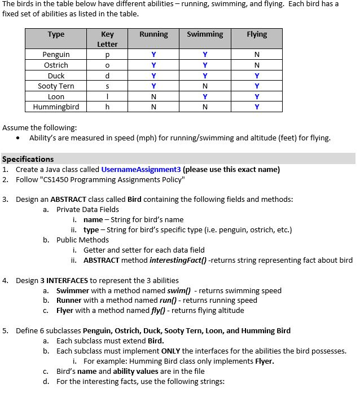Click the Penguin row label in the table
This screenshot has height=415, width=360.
pos(56,55)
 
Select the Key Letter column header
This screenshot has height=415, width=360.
pos(107,39)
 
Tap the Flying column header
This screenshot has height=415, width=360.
pos(257,34)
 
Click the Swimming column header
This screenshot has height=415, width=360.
pos(205,34)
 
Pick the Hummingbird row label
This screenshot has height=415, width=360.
pos(56,107)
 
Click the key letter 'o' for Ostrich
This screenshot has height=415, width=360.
pos(107,65)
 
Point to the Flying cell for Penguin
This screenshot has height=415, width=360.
pos(257,55)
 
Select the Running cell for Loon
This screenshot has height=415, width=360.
pos(153,96)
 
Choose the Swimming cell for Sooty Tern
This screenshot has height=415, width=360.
pos(205,86)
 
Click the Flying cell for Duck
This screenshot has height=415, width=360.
pos(257,76)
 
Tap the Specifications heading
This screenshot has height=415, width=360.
pos(28,159)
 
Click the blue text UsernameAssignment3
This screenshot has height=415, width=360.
pos(141,170)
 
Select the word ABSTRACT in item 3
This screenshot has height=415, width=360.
pos(67,200)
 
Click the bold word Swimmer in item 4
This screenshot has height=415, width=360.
pos(73,290)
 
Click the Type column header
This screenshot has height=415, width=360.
pos(56,34)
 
